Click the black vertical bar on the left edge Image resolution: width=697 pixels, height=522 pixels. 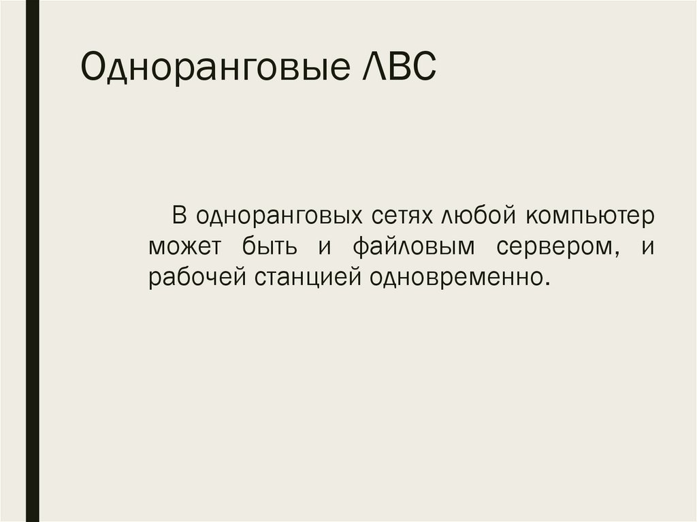pos(32,261)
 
